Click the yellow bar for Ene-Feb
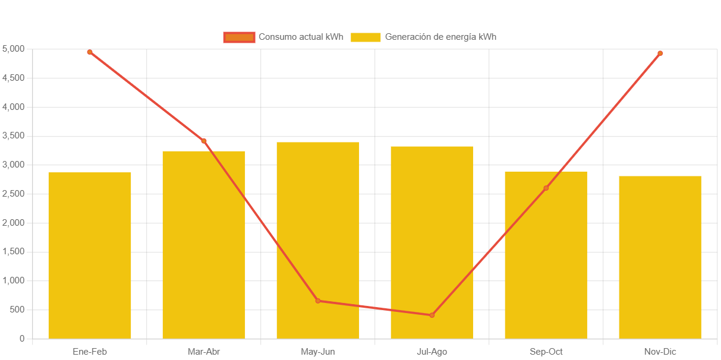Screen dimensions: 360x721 tap(90, 255)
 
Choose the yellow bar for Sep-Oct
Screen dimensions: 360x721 tap(546, 255)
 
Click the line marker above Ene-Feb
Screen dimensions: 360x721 tap(90, 52)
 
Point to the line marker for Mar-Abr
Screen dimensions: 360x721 tap(204, 141)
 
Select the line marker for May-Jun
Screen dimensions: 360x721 tap(318, 301)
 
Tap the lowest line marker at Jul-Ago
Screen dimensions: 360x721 tap(432, 315)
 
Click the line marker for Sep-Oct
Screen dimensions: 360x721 tap(546, 188)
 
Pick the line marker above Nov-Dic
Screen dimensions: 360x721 tap(660, 53)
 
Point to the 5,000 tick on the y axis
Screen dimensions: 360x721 tap(14, 49)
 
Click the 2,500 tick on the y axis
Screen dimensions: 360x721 tap(14, 194)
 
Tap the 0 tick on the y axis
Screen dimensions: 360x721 tap(22, 339)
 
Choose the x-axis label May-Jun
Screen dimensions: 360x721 tap(318, 352)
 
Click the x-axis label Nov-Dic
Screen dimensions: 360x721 tap(660, 352)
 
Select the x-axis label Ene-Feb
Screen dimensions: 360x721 tap(90, 352)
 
